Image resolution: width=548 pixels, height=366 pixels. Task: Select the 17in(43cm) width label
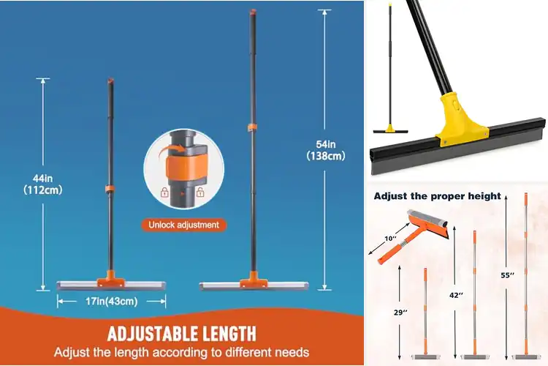[x=111, y=300]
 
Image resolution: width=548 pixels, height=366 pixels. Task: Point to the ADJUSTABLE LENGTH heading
[x=182, y=334]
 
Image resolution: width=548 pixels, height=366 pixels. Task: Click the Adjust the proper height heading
[x=438, y=195]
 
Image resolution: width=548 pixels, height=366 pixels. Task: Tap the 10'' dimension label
[x=392, y=239]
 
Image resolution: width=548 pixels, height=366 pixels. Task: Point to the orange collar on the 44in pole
[x=107, y=190]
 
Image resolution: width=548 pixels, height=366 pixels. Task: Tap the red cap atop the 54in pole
[x=251, y=12]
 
